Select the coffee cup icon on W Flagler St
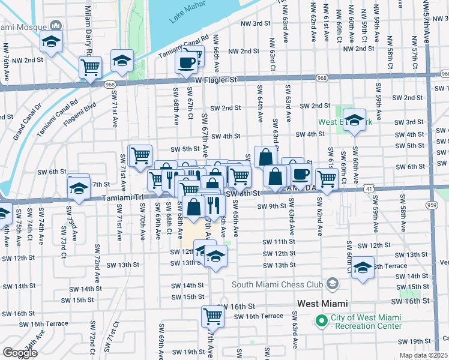(x=186, y=62)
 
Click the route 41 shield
(x=368, y=188)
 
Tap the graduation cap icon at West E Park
(x=355, y=119)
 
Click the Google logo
(x=20, y=352)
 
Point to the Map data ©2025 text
(x=423, y=355)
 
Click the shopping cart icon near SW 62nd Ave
(x=327, y=178)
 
